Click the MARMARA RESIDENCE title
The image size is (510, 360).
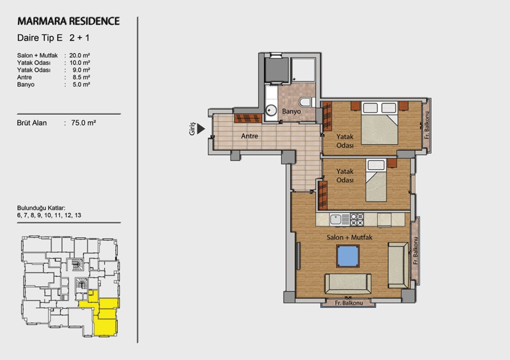tap(68, 21)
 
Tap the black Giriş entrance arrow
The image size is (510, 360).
tap(201, 129)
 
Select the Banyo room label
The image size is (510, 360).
tap(291, 112)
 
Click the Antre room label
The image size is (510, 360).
tap(249, 136)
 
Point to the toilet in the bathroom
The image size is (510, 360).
tap(307, 102)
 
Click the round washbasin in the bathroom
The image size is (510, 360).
tap(270, 110)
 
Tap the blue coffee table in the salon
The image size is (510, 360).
tap(347, 256)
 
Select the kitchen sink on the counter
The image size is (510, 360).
tap(335, 220)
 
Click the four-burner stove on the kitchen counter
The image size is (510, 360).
tap(356, 220)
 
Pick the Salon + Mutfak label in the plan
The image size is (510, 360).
tap(349, 238)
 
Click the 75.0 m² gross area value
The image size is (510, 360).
tap(84, 123)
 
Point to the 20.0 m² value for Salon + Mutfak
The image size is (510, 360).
tap(79, 55)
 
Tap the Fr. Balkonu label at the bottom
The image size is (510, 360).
tap(349, 303)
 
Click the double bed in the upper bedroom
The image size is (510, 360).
tap(379, 123)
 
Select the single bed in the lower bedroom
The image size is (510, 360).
tap(376, 180)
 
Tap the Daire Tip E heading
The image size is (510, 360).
tap(40, 38)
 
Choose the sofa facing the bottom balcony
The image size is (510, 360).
tap(347, 284)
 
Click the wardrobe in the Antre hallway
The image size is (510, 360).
tap(248, 118)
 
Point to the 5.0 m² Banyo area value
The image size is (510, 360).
tap(82, 85)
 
